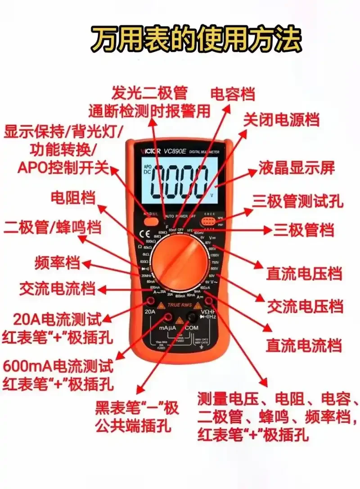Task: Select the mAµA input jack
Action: (x=166, y=318)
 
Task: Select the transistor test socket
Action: (x=208, y=221)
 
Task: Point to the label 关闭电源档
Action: (x=281, y=120)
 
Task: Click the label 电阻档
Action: (x=73, y=197)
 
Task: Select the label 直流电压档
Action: (x=304, y=273)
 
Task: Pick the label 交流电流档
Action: (x=57, y=289)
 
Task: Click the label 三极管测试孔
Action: (x=297, y=201)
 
